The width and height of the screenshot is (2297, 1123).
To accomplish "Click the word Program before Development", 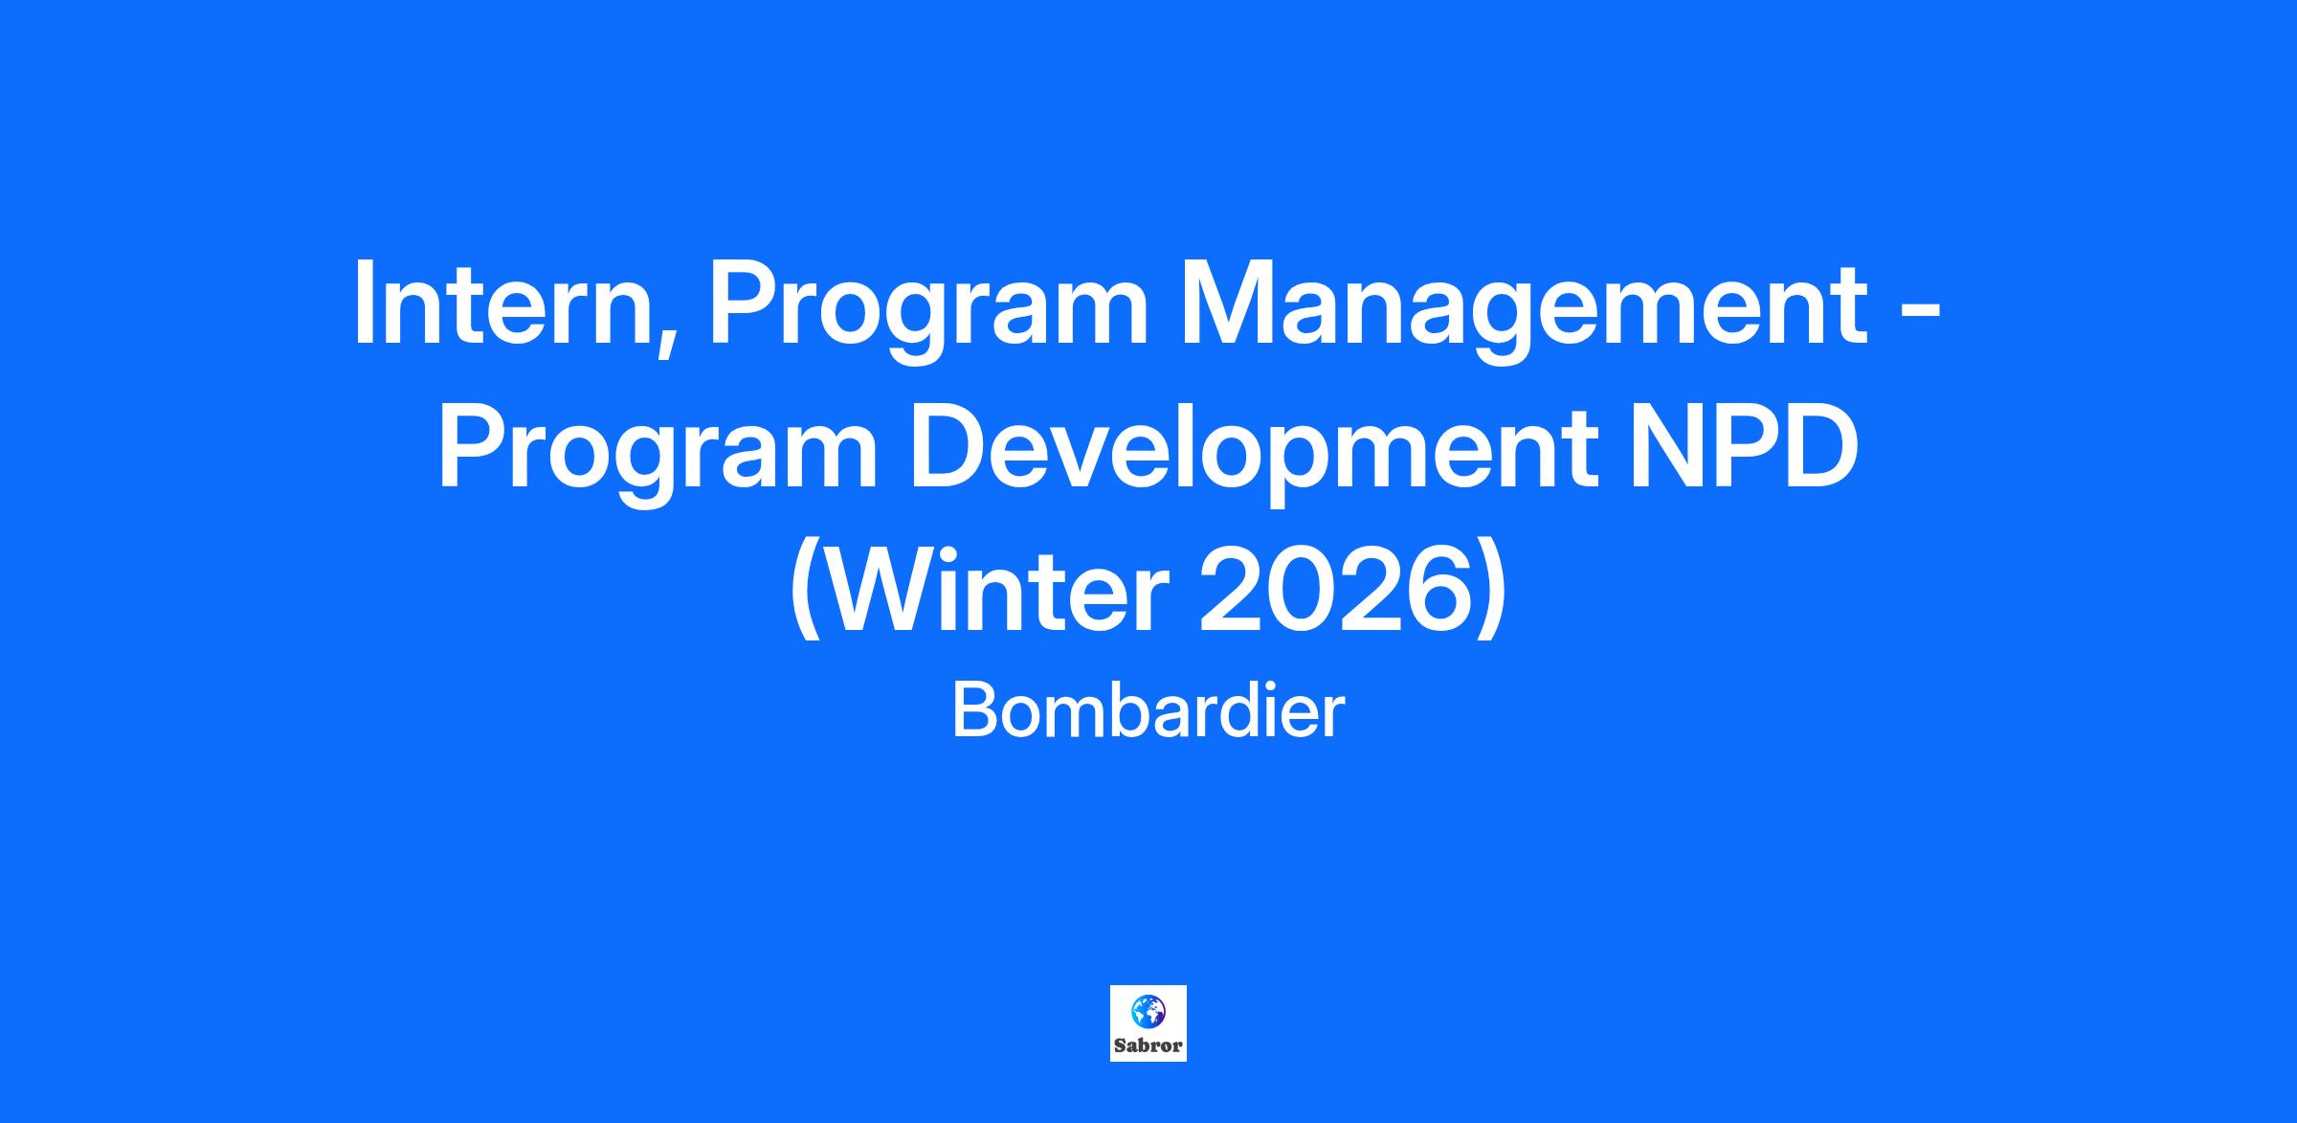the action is [x=657, y=455].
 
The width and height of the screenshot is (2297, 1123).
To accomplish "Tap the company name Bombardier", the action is [x=1148, y=712].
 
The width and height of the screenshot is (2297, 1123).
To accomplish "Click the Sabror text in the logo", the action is [x=1148, y=1045].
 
